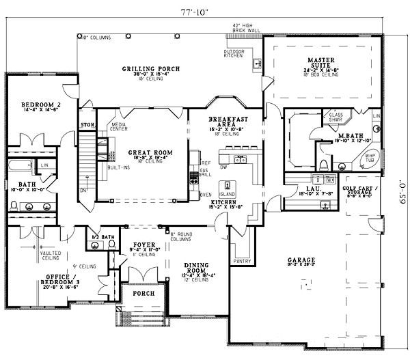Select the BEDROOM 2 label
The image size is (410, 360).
(31, 104)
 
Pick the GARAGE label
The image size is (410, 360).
(301, 260)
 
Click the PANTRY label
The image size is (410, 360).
(241, 260)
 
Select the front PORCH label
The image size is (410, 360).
(143, 294)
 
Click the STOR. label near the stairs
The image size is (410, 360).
(86, 125)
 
